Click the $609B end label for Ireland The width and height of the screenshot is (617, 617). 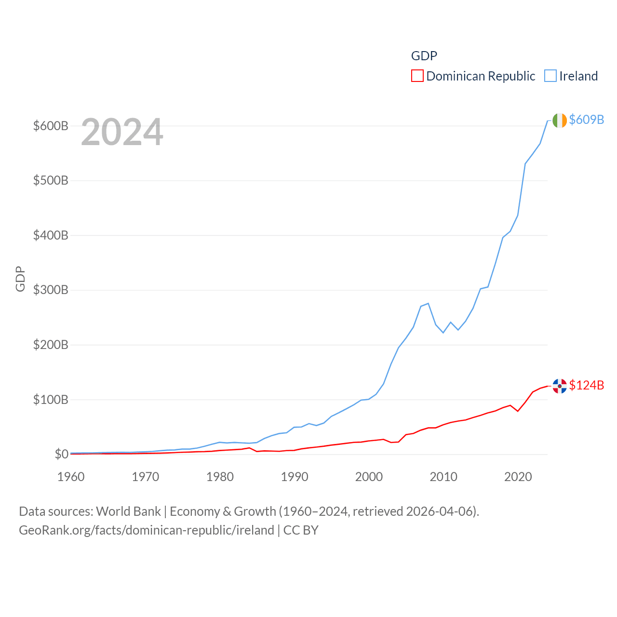tap(586, 120)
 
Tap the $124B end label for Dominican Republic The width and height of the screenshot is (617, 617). tap(586, 385)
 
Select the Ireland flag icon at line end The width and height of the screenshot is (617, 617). tap(560, 121)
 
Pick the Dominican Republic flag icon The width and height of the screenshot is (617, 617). tap(560, 386)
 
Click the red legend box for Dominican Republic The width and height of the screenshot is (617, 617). tap(417, 76)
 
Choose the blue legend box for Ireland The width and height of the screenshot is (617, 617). tap(550, 76)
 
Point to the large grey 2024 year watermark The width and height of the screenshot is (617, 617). tap(122, 132)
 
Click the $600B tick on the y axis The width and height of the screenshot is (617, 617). tap(51, 126)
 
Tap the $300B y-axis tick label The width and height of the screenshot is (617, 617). tap(51, 290)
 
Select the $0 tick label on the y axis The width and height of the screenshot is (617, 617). tap(61, 454)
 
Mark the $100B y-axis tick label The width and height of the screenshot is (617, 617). tap(51, 400)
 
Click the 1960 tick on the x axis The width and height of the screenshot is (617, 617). tap(71, 477)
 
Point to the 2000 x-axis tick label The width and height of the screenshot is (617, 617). tap(369, 477)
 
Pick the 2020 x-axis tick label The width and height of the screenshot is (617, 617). tap(518, 477)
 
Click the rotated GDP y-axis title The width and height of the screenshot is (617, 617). tap(20, 279)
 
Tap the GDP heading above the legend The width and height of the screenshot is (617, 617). tap(424, 56)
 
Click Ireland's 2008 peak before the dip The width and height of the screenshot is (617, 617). tap(428, 303)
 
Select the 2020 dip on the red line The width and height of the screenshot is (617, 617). tap(518, 411)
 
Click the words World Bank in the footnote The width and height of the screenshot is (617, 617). tap(128, 511)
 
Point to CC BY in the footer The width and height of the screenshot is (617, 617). tap(301, 530)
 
